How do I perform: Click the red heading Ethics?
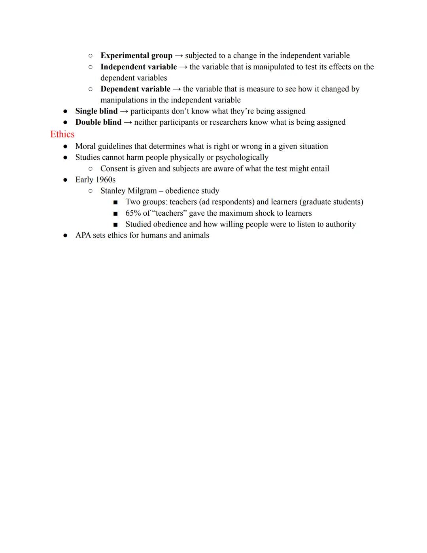pyautogui.click(x=62, y=135)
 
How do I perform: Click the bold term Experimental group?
pyautogui.click(x=136, y=56)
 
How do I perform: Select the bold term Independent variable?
pyautogui.click(x=138, y=67)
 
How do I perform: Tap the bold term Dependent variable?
pyautogui.click(x=135, y=89)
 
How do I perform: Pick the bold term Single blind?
pyautogui.click(x=96, y=111)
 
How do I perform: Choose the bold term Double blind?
pyautogui.click(x=98, y=122)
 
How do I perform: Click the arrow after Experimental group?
pyautogui.click(x=179, y=56)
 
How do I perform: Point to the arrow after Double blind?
pyautogui.click(x=128, y=122)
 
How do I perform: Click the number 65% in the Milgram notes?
pyautogui.click(x=133, y=213)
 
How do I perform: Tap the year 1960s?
pyautogui.click(x=106, y=180)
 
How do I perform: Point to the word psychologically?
pyautogui.click(x=242, y=158)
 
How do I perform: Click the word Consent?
pyautogui.click(x=115, y=169)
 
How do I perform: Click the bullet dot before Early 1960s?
pyautogui.click(x=65, y=180)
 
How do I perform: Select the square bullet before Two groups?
pyautogui.click(x=115, y=202)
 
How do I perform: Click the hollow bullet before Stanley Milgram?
pyautogui.click(x=91, y=191)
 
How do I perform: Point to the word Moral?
pyautogui.click(x=85, y=146)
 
